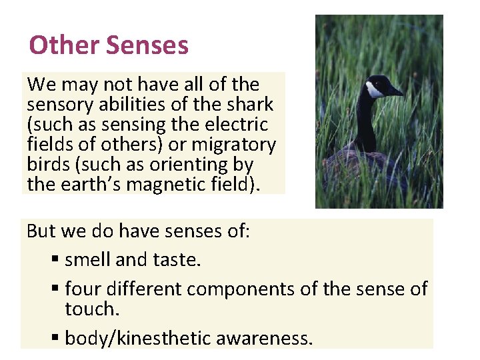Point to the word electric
[239, 125]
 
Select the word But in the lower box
[40, 231]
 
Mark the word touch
[91, 309]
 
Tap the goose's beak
[395, 91]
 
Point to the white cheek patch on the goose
[374, 90]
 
